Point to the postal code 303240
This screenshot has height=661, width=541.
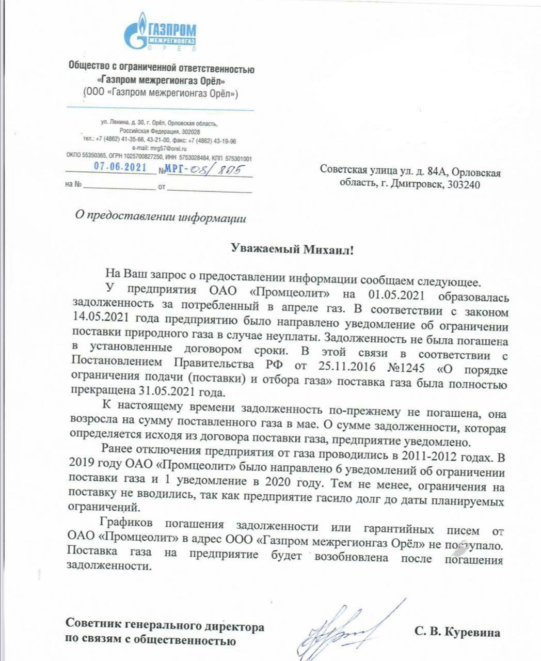point(461,184)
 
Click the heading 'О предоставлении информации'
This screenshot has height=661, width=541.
point(161,217)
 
